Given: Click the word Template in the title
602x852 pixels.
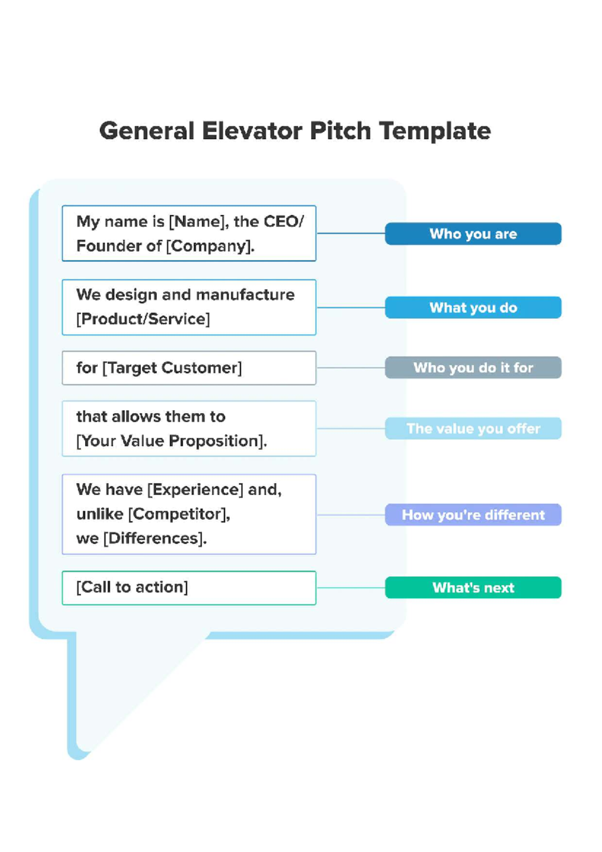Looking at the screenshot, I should pyautogui.click(x=435, y=131).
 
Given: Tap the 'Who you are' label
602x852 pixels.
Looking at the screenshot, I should pyautogui.click(x=473, y=234).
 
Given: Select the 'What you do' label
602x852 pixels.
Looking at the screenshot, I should pyautogui.click(x=473, y=308).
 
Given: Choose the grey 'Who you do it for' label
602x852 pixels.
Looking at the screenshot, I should pyautogui.click(x=473, y=368).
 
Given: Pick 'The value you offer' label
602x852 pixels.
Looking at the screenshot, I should pyautogui.click(x=473, y=429).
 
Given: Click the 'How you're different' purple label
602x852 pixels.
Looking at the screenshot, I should pyautogui.click(x=473, y=515).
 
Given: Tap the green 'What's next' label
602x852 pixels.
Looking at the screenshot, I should pyautogui.click(x=473, y=588).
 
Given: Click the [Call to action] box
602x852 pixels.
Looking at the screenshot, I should pyautogui.click(x=189, y=588).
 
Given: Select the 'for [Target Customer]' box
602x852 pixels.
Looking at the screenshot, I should pyautogui.click(x=189, y=368).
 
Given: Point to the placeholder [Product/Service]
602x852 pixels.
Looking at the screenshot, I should pyautogui.click(x=143, y=319).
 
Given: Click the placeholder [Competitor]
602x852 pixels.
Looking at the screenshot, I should pyautogui.click(x=179, y=514).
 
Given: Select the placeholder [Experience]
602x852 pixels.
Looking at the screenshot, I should pyautogui.click(x=195, y=489).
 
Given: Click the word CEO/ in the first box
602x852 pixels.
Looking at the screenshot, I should pyautogui.click(x=283, y=222).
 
